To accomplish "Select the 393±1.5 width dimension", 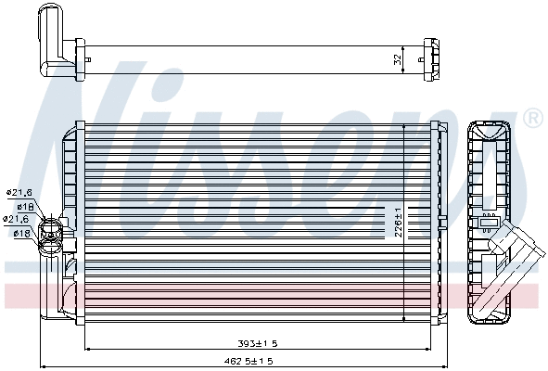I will (258, 343).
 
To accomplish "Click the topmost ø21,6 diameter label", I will (20, 192).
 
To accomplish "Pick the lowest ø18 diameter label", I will (23, 233).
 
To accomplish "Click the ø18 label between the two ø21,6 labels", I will (25, 206).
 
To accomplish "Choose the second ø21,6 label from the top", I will (19, 219).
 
